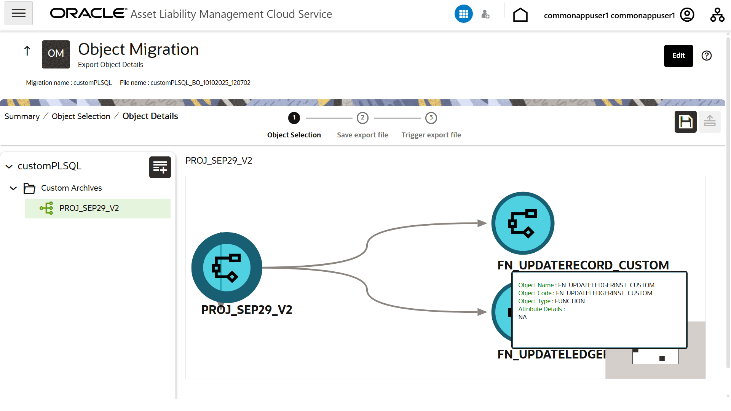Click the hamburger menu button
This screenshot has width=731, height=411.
tap(19, 13)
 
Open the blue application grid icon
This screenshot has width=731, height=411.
tap(464, 14)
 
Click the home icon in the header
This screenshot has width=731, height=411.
tap(520, 15)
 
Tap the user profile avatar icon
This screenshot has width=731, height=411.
tap(687, 15)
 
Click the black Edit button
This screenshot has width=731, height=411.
tap(678, 56)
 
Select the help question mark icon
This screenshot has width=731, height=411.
tap(707, 56)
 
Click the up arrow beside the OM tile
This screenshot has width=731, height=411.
tap(27, 51)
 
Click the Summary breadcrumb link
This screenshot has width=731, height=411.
tap(22, 116)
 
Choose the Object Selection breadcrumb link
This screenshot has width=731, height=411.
tap(81, 116)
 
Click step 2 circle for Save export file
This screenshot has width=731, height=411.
tap(362, 118)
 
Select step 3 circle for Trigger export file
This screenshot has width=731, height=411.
tap(431, 118)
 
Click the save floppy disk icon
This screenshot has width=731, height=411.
tap(686, 122)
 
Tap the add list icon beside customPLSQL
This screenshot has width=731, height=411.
tap(160, 167)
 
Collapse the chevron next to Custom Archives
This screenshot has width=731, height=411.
tap(13, 188)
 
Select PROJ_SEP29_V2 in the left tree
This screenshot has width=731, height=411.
tap(89, 208)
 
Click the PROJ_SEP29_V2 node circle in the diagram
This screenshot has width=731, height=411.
tap(227, 268)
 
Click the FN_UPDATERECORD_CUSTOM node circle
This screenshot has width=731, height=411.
tap(523, 223)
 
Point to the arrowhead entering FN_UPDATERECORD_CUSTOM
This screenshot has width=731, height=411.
tap(482, 223)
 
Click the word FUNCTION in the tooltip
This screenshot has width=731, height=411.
tap(570, 301)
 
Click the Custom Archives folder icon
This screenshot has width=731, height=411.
tap(29, 188)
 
